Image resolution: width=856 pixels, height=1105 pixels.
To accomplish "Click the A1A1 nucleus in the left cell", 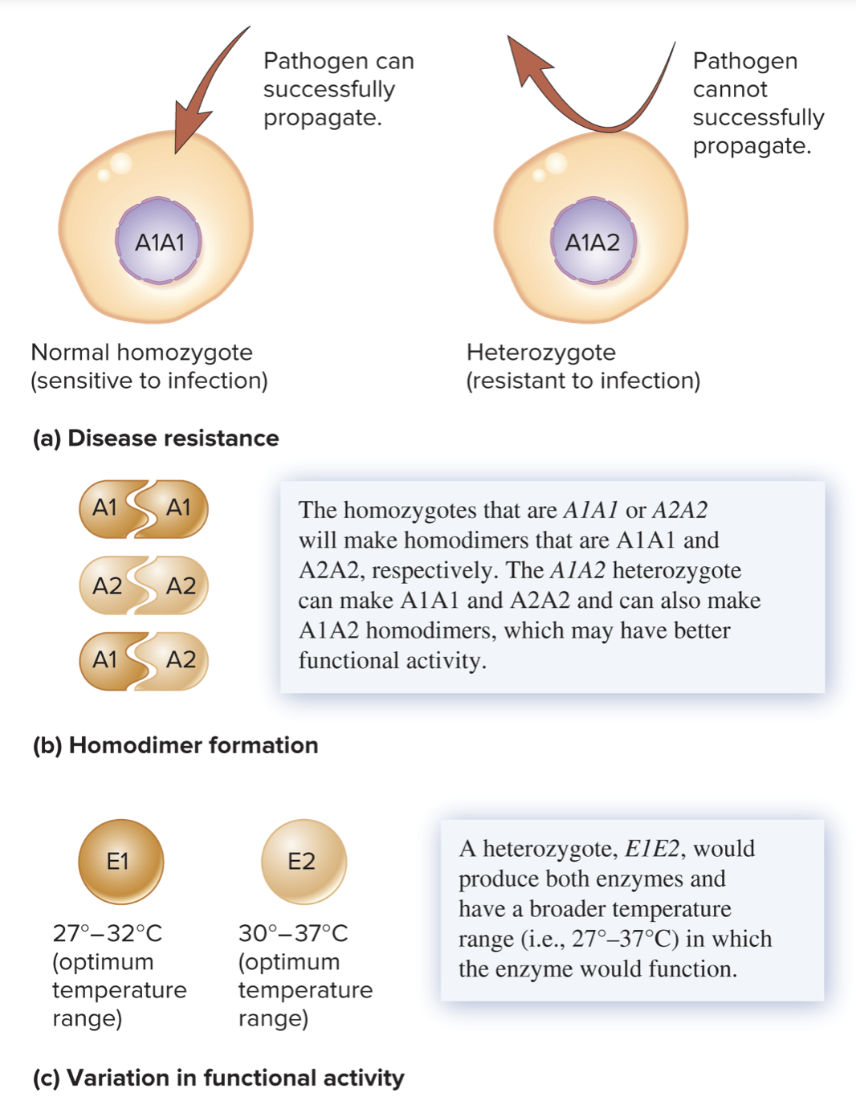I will click(x=160, y=242).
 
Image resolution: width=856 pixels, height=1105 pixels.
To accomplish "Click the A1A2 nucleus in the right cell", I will click(x=593, y=242).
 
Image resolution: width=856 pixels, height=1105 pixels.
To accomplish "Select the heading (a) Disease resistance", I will click(x=156, y=438).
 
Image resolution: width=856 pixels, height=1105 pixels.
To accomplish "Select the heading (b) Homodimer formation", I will click(x=175, y=745).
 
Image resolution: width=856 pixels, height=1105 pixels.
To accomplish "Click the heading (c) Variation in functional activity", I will click(x=218, y=1078).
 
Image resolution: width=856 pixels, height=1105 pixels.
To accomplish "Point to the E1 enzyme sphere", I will click(x=120, y=862).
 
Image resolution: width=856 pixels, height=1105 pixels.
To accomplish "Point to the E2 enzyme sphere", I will click(x=304, y=862).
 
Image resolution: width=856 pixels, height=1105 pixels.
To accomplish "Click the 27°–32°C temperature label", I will click(x=107, y=933).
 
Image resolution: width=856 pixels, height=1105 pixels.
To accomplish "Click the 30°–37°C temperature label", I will click(x=293, y=933).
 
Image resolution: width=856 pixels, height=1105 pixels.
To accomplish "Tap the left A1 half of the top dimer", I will click(x=105, y=508).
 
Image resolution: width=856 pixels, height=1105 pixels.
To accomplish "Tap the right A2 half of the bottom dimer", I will click(x=181, y=660).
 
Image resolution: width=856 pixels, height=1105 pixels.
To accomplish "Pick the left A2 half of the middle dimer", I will click(x=108, y=585).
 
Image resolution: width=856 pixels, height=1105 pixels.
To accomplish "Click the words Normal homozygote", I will click(x=141, y=353).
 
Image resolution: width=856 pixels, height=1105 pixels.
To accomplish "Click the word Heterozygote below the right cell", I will click(x=540, y=353).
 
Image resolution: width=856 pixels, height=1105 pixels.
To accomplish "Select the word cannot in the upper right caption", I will click(x=729, y=89).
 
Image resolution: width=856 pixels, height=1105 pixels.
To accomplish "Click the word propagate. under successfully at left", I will click(x=322, y=118).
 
